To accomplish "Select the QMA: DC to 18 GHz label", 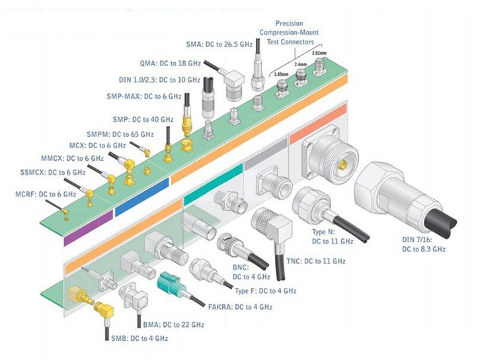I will pos(169,64).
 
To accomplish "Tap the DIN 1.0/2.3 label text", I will pos(159,80).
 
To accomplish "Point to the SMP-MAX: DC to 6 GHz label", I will pos(143,97).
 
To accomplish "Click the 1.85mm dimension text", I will pos(281,74).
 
